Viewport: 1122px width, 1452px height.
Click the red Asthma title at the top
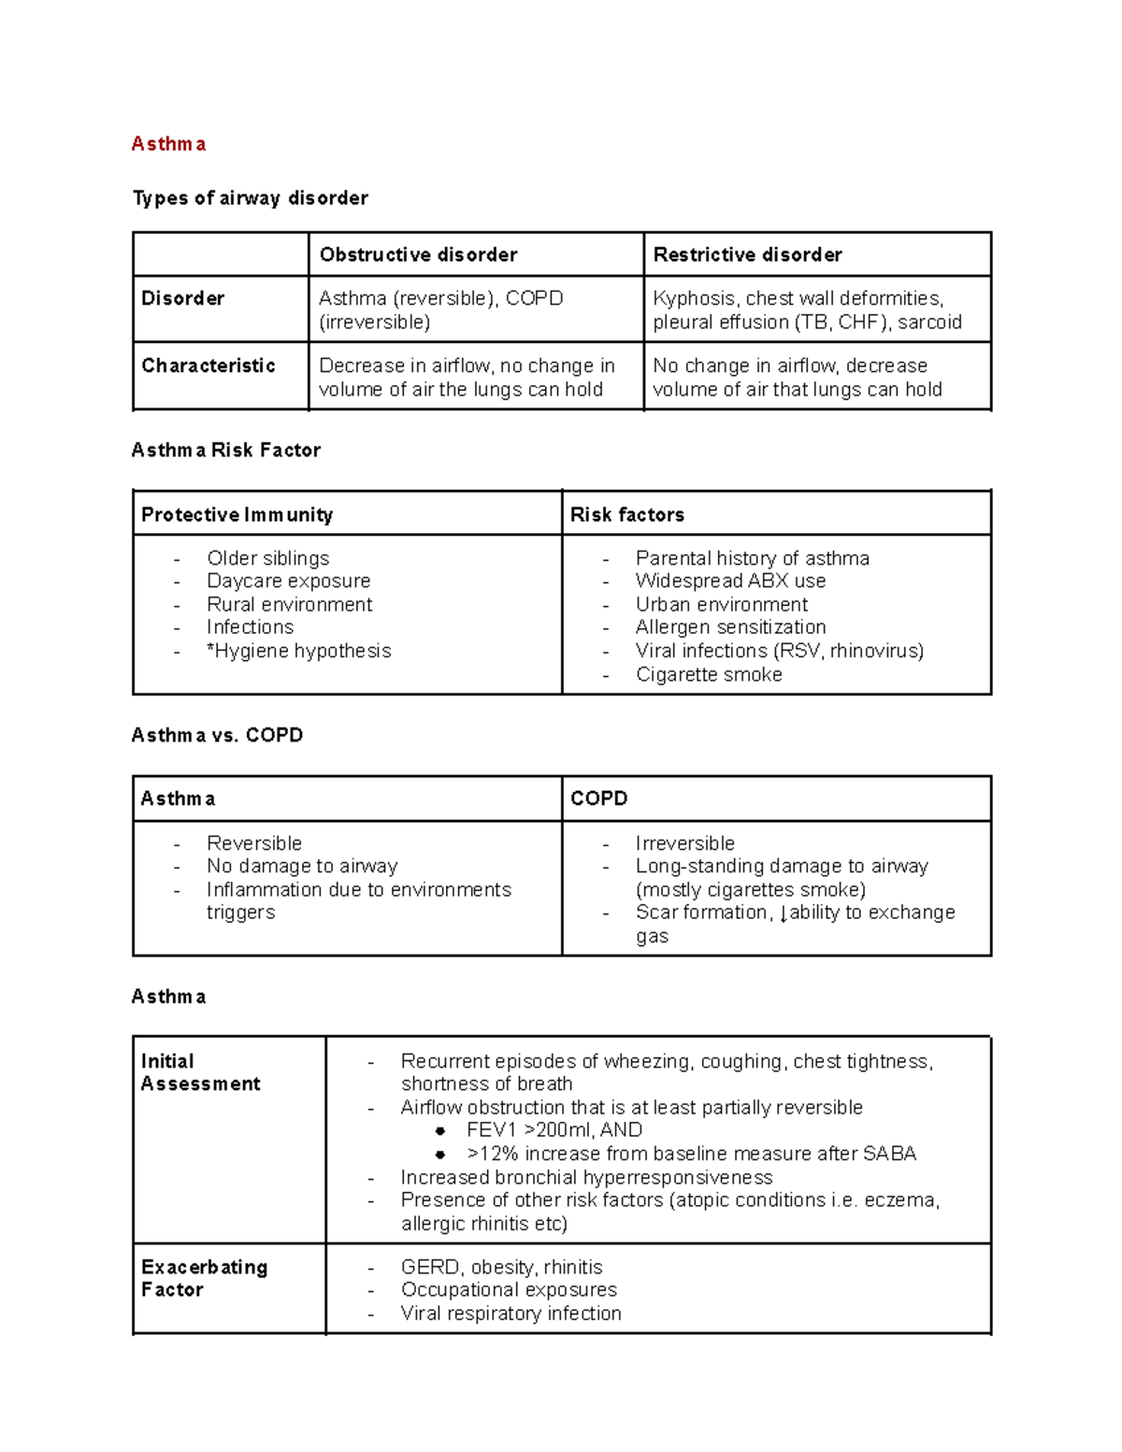pyautogui.click(x=168, y=144)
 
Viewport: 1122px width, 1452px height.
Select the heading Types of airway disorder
pyautogui.click(x=250, y=198)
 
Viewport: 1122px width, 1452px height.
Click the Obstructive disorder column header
pyautogui.click(x=418, y=254)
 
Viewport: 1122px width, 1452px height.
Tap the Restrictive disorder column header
pyautogui.click(x=747, y=254)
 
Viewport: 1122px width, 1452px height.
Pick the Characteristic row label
pyautogui.click(x=209, y=366)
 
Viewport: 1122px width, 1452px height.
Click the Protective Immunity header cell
pyautogui.click(x=237, y=514)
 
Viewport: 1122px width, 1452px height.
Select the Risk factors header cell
pyautogui.click(x=626, y=514)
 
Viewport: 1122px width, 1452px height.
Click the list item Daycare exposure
pyautogui.click(x=288, y=581)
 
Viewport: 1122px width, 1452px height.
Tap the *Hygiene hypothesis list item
pyautogui.click(x=298, y=651)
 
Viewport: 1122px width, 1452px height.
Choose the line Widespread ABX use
pyautogui.click(x=730, y=581)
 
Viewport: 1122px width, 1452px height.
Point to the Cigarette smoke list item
pyautogui.click(x=709, y=674)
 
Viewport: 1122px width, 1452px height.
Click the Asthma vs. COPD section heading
pyautogui.click(x=217, y=735)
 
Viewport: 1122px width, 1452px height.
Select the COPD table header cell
pyautogui.click(x=598, y=798)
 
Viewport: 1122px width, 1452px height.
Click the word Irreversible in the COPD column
pyautogui.click(x=684, y=842)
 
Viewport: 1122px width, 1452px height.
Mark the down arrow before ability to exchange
pyautogui.click(x=784, y=913)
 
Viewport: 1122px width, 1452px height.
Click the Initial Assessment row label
pyautogui.click(x=200, y=1072)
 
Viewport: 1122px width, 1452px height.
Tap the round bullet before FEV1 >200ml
pyautogui.click(x=439, y=1131)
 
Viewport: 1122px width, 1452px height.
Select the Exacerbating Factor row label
pyautogui.click(x=204, y=1278)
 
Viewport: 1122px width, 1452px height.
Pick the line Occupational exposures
pyautogui.click(x=509, y=1289)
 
